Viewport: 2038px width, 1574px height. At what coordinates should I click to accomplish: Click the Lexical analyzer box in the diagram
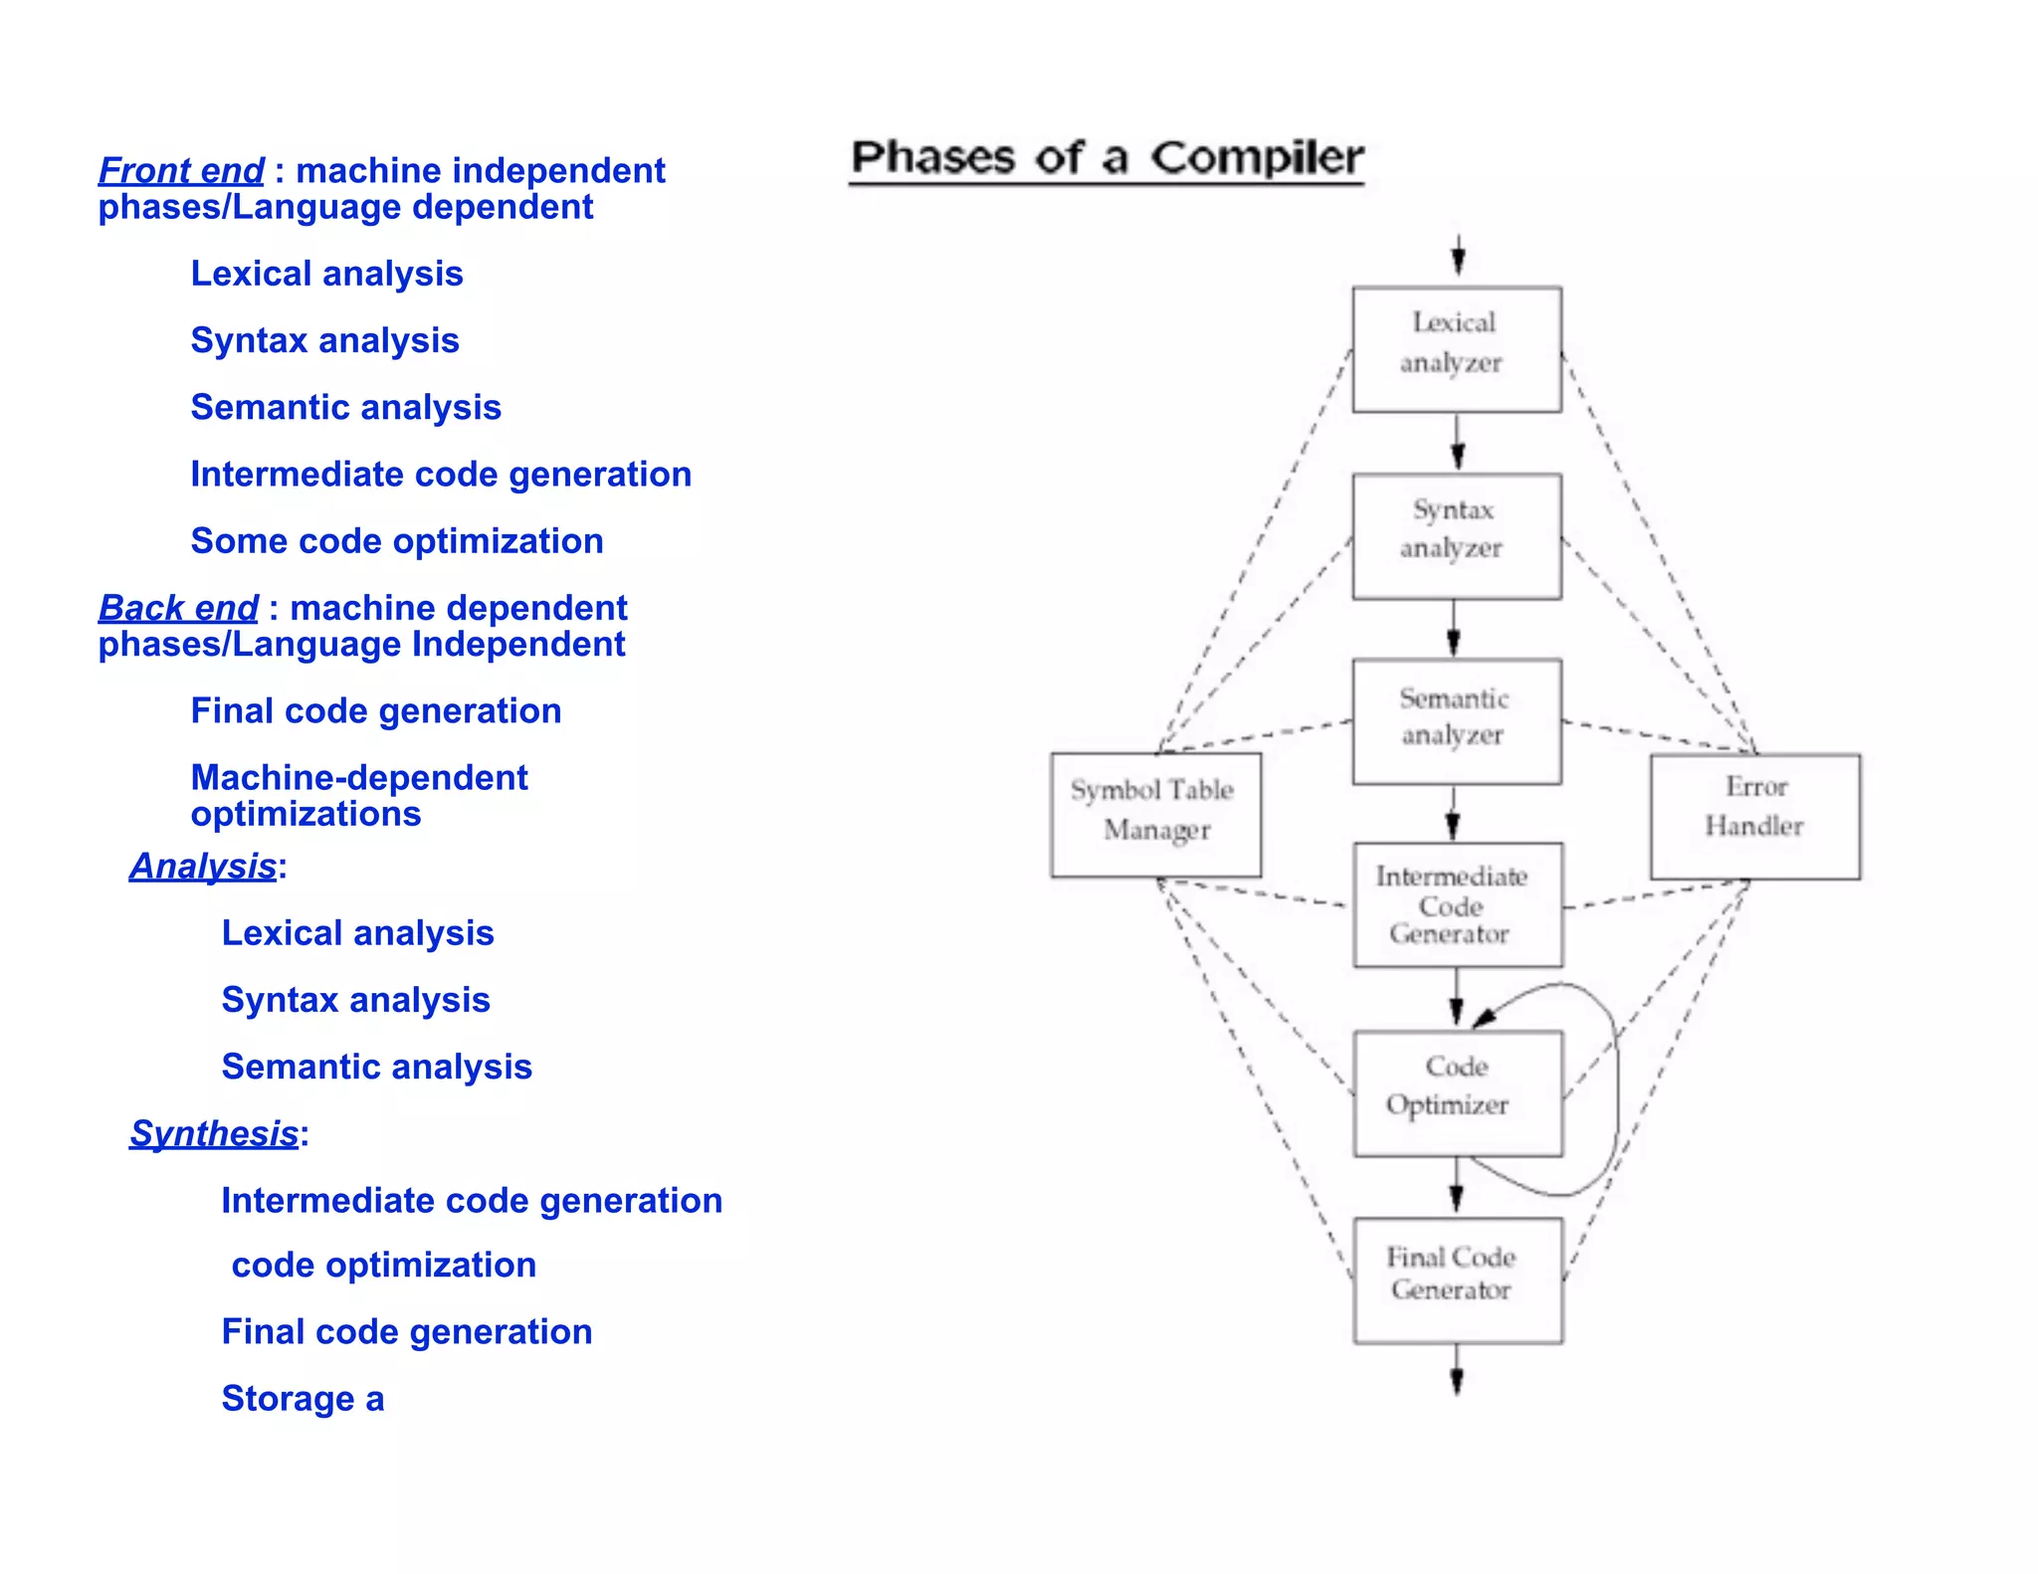point(1456,349)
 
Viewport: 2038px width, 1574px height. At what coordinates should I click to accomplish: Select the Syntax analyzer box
point(1456,536)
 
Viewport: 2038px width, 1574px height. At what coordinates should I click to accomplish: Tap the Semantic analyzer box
point(1456,721)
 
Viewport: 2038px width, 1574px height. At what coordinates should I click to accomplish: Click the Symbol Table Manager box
point(1155,815)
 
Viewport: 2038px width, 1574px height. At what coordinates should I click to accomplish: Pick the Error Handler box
point(1754,816)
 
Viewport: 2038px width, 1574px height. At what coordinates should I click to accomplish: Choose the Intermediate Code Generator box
point(1457,904)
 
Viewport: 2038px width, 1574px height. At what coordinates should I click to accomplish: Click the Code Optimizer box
point(1457,1092)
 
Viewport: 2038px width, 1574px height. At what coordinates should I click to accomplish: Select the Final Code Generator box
point(1457,1279)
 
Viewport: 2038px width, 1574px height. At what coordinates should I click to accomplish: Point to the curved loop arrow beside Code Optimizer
point(1614,1089)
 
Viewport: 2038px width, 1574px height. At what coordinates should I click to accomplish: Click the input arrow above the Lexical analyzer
point(1458,255)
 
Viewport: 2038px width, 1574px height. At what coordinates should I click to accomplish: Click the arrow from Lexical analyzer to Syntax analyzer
point(1457,442)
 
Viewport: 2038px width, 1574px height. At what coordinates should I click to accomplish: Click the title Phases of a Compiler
point(1107,158)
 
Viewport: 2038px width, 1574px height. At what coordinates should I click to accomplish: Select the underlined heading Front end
point(181,171)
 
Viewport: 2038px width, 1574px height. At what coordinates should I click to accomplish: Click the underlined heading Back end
point(178,608)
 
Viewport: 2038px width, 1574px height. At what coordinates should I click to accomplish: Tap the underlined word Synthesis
point(214,1133)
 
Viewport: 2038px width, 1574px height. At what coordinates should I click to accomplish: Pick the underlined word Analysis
point(203,866)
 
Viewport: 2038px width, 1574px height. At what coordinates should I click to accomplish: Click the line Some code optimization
point(397,541)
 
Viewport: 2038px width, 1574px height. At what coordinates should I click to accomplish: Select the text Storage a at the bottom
point(303,1398)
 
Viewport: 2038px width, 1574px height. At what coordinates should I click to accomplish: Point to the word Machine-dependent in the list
point(359,778)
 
